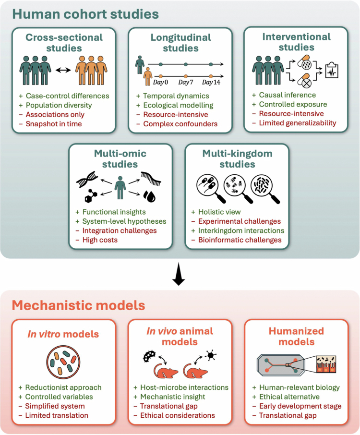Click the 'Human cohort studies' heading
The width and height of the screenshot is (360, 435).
(x=85, y=14)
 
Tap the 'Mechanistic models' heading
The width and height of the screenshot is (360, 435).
(x=79, y=305)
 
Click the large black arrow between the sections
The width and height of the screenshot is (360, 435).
(x=179, y=274)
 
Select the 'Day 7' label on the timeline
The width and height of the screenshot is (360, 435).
(x=186, y=82)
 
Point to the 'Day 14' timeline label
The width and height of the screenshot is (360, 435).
(x=211, y=82)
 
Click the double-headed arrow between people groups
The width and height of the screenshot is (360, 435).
(x=63, y=70)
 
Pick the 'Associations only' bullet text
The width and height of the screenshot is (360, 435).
(x=55, y=115)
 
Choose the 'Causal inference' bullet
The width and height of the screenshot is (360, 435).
(x=288, y=95)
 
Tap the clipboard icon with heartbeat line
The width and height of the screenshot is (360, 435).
(x=332, y=71)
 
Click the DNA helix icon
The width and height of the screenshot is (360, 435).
(x=87, y=179)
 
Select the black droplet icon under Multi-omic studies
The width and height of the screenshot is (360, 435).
(x=149, y=196)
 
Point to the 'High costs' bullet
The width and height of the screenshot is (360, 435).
(x=100, y=240)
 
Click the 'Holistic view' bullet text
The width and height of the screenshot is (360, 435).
(x=219, y=212)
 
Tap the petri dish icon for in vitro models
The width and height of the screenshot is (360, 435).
(x=63, y=362)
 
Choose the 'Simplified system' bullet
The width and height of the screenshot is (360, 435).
(x=55, y=406)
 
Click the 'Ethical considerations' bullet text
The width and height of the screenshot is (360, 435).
(x=178, y=415)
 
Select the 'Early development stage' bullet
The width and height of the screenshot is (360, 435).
(x=300, y=406)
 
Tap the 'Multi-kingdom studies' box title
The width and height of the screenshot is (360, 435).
(x=238, y=159)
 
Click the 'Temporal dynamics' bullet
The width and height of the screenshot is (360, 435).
(x=176, y=96)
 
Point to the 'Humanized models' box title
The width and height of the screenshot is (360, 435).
(x=297, y=336)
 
